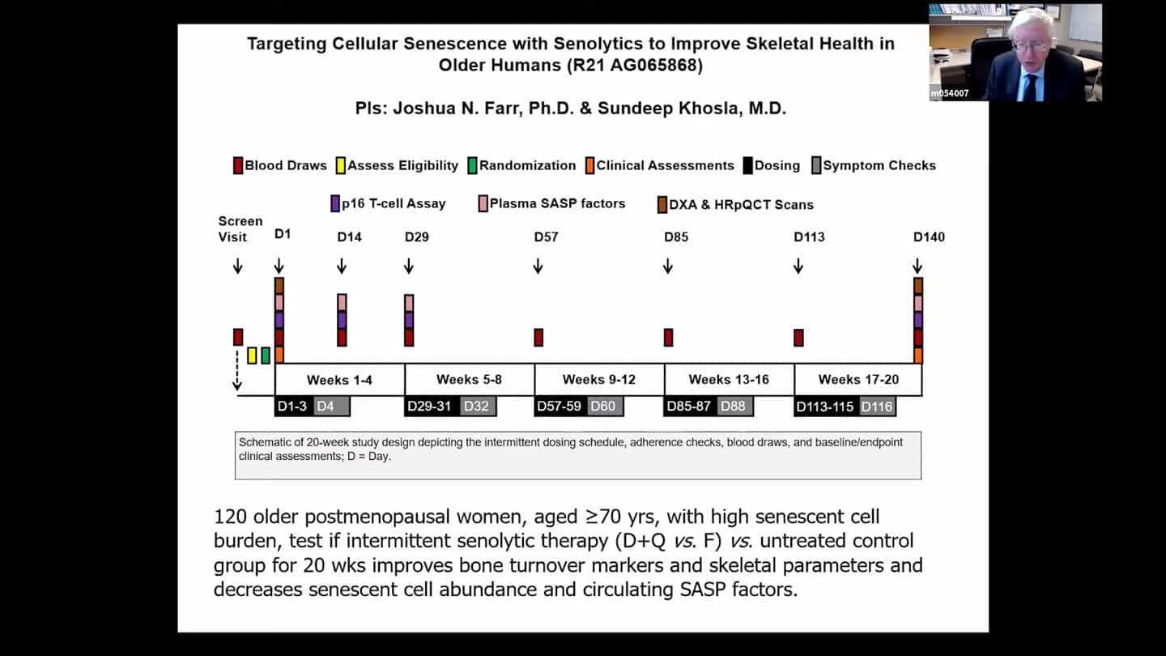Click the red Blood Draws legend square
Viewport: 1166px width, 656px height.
pyautogui.click(x=238, y=166)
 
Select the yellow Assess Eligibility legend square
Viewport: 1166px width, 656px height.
pyautogui.click(x=341, y=166)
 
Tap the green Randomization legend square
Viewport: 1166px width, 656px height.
pyautogui.click(x=473, y=166)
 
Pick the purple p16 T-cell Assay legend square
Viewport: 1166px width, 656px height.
pyautogui.click(x=335, y=204)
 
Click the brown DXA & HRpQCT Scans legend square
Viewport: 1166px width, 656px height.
pyautogui.click(x=662, y=205)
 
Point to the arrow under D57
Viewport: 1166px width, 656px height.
pyautogui.click(x=538, y=266)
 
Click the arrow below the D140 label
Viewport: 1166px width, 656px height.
pyautogui.click(x=917, y=266)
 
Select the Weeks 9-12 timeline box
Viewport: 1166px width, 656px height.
pyautogui.click(x=599, y=380)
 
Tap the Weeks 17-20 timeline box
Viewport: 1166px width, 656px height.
pyautogui.click(x=858, y=380)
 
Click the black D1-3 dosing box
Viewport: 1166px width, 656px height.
pyautogui.click(x=292, y=406)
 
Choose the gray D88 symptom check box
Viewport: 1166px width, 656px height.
pyautogui.click(x=734, y=406)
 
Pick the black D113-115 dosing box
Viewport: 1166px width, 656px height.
pyautogui.click(x=825, y=407)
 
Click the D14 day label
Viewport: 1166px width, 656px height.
pyautogui.click(x=350, y=237)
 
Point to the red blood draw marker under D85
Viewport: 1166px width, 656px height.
pyautogui.click(x=668, y=338)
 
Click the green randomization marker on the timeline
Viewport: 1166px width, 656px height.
pyautogui.click(x=266, y=356)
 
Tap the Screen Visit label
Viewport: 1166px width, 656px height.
pyautogui.click(x=240, y=229)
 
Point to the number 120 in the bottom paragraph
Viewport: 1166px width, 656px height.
pyautogui.click(x=230, y=517)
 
